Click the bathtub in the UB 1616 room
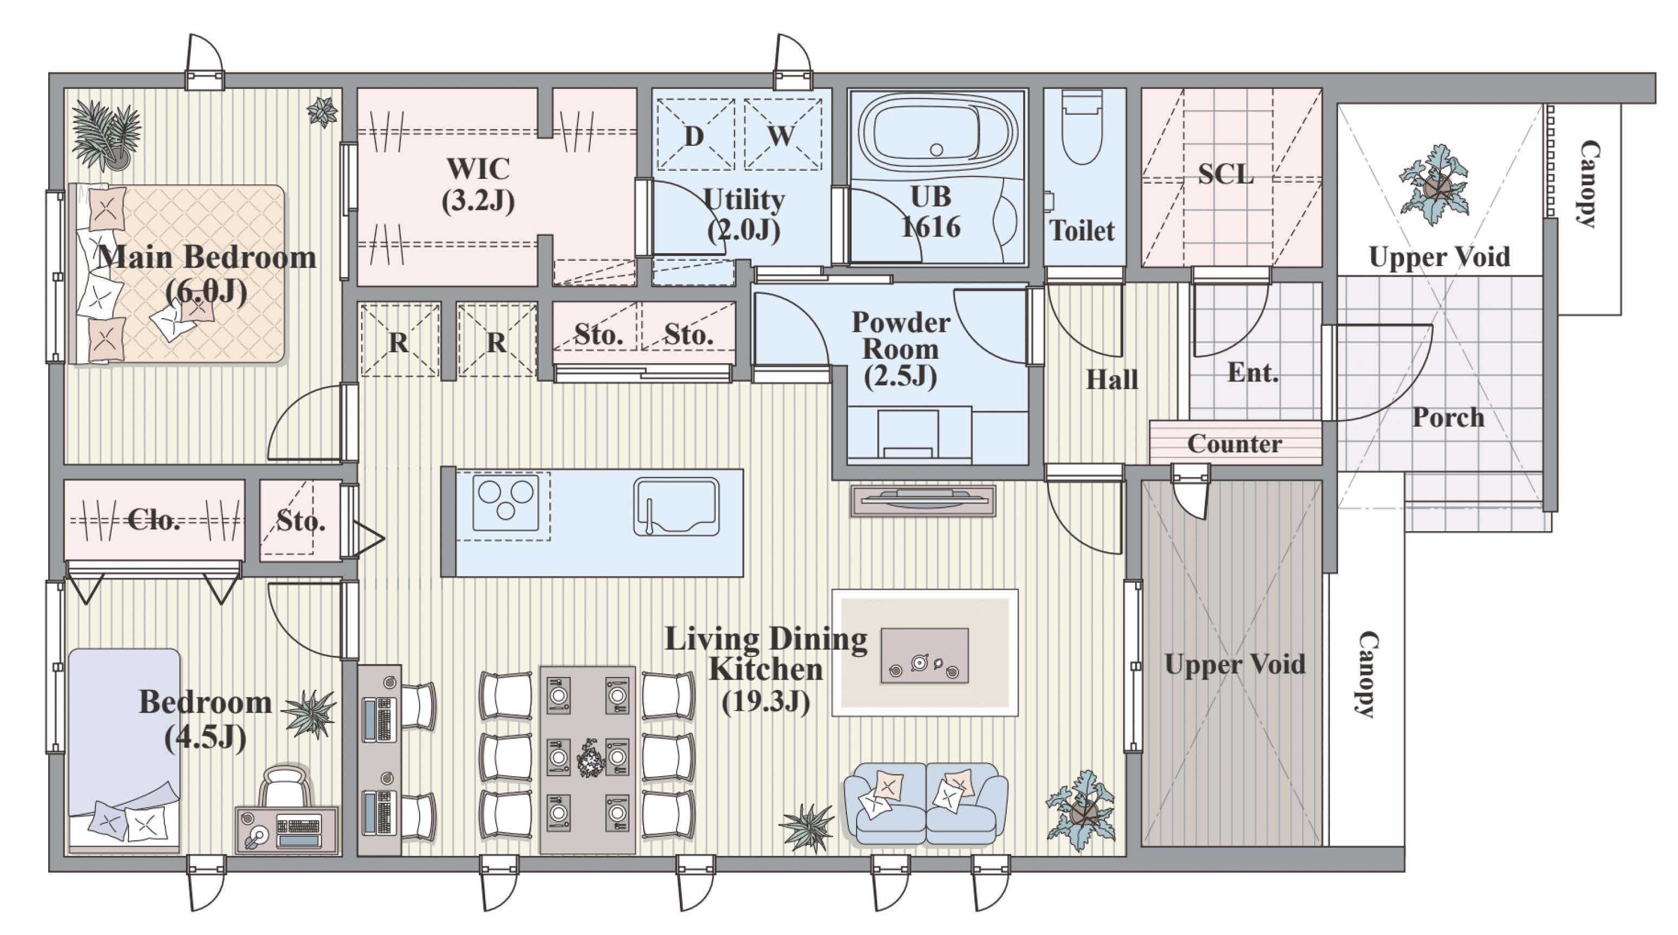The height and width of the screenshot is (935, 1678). click(937, 134)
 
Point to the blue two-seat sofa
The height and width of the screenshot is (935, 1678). click(925, 804)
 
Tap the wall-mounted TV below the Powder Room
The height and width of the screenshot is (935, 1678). click(923, 501)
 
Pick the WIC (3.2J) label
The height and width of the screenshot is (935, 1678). click(479, 185)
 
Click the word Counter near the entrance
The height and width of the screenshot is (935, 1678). click(1235, 444)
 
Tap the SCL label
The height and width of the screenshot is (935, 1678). click(1225, 174)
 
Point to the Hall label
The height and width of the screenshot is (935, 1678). click(1112, 379)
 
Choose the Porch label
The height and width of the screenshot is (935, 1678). click(1448, 418)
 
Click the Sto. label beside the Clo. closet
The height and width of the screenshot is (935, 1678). click(300, 521)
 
